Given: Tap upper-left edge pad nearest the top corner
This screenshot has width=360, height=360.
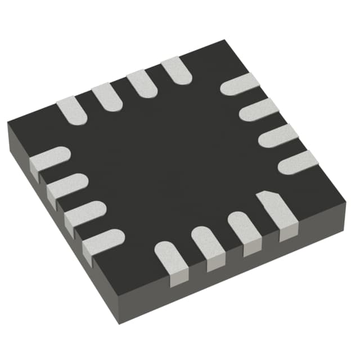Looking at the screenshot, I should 176,71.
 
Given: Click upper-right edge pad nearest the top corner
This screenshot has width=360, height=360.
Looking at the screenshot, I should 240,84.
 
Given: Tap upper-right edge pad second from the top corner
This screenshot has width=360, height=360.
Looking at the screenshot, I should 259,110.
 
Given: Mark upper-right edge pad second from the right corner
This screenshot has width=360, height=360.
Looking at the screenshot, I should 278,136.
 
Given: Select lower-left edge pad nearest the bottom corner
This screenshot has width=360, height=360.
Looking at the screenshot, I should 102,241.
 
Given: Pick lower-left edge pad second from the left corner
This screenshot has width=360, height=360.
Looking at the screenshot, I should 67,184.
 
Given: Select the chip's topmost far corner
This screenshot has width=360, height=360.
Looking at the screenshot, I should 225,40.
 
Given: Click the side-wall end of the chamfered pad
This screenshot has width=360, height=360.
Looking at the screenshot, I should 289,233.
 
